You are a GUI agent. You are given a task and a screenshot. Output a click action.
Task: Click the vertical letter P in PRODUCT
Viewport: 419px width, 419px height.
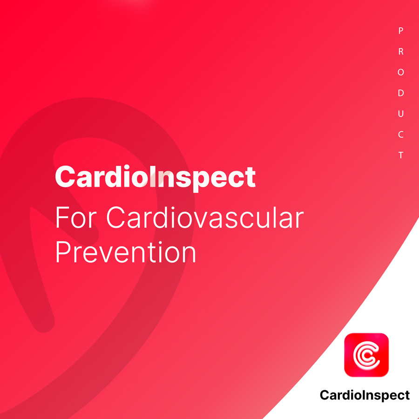[x=400, y=31]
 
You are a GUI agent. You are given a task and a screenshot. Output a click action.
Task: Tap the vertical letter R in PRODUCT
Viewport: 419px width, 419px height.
[x=401, y=51]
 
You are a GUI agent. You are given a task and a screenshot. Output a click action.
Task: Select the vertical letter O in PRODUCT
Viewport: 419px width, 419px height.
[x=401, y=72]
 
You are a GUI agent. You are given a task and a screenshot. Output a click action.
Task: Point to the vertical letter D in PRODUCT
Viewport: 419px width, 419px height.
[x=401, y=93]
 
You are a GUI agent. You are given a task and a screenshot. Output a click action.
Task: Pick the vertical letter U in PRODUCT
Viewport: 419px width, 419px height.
[x=401, y=114]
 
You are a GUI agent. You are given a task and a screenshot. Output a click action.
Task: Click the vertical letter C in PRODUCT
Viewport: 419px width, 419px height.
[x=401, y=135]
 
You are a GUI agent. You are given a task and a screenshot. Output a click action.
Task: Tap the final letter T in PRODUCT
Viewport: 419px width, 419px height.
[x=401, y=155]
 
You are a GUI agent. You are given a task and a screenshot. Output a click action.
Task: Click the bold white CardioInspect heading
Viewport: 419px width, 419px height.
[x=155, y=178]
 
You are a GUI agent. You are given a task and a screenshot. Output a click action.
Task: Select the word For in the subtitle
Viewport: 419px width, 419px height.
[x=75, y=217]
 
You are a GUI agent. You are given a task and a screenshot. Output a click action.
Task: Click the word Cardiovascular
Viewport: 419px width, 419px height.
[x=205, y=217]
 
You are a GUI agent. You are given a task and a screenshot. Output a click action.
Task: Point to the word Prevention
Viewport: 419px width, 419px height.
[x=126, y=252]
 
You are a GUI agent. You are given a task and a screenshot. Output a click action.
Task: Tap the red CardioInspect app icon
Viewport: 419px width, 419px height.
[x=366, y=355]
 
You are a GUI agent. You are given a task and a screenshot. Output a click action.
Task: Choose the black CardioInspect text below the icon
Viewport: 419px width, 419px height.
[x=365, y=395]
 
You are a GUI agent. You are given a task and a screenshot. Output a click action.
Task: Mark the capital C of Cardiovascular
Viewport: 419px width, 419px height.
[x=116, y=217]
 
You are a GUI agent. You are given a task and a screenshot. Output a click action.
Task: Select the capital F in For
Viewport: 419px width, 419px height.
[x=62, y=217]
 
